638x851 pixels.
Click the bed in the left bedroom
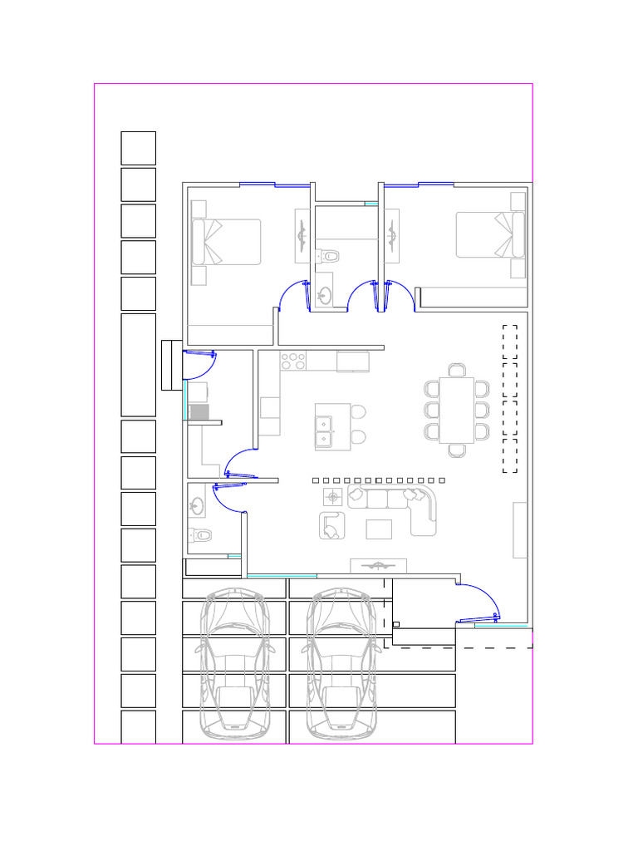click(227, 242)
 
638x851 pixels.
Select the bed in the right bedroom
click(490, 234)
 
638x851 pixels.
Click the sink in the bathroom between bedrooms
click(325, 293)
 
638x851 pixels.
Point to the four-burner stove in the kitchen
click(293, 362)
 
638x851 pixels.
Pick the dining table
click(456, 410)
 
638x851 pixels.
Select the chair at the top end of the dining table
click(457, 370)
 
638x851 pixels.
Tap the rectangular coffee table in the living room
click(379, 529)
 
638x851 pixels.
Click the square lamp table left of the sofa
click(333, 497)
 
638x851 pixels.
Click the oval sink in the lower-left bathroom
click(198, 505)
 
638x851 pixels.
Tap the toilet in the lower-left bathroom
click(200, 535)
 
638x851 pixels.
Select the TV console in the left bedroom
click(302, 237)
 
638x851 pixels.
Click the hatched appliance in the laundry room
click(198, 411)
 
